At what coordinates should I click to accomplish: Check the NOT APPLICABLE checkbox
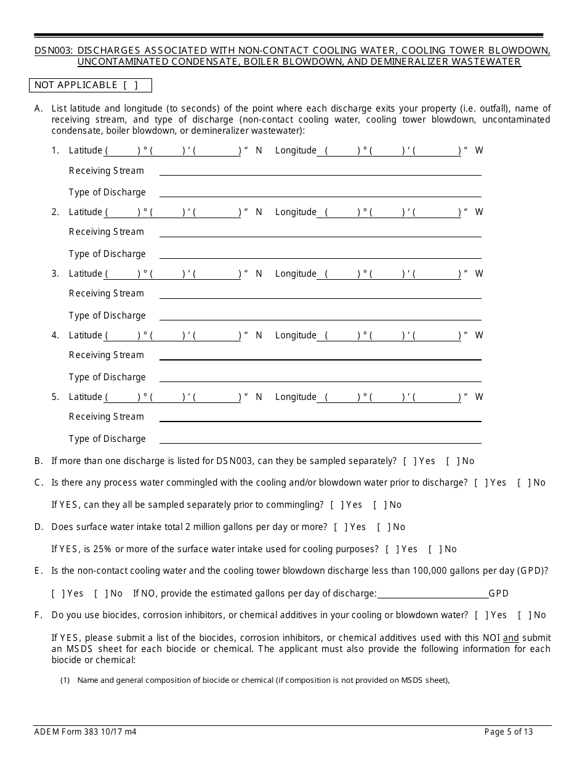click(x=131, y=85)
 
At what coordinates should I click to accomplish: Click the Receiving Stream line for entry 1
click(x=320, y=171)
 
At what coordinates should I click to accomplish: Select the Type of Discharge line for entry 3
click(x=320, y=316)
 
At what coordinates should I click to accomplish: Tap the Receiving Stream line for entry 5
click(x=320, y=417)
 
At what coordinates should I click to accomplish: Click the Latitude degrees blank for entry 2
click(x=123, y=213)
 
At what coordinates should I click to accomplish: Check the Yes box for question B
click(x=407, y=461)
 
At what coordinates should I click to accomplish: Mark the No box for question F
click(x=522, y=615)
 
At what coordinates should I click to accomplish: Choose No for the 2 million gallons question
click(x=381, y=527)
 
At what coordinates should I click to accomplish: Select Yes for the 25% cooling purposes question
click(x=390, y=549)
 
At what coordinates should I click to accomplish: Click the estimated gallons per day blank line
click(x=432, y=593)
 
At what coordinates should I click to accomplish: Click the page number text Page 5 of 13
click(x=509, y=732)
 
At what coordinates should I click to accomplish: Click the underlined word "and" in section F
click(x=510, y=638)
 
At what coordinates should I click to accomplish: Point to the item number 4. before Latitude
click(x=55, y=336)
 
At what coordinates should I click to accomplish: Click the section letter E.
click(x=38, y=571)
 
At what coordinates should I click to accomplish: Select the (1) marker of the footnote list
click(x=65, y=680)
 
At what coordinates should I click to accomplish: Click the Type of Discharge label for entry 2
click(x=107, y=254)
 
